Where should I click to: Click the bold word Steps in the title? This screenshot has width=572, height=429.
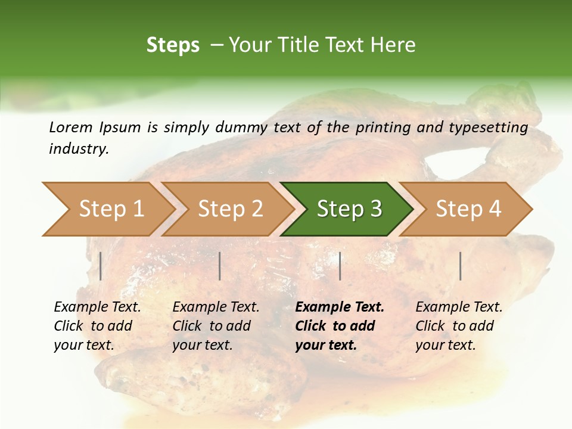pyautogui.click(x=173, y=45)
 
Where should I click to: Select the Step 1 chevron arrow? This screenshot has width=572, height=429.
pyautogui.click(x=107, y=209)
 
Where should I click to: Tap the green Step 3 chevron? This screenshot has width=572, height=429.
pyautogui.click(x=349, y=209)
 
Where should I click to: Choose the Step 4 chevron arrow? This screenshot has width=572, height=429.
pyautogui.click(x=468, y=209)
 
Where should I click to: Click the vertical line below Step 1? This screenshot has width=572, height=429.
pyautogui.click(x=101, y=266)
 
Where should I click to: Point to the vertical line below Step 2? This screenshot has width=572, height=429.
pyautogui.click(x=220, y=266)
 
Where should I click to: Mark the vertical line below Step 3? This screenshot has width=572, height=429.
pyautogui.click(x=340, y=266)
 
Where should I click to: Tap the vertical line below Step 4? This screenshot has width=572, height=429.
pyautogui.click(x=461, y=266)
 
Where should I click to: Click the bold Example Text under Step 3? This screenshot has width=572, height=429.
pyautogui.click(x=340, y=307)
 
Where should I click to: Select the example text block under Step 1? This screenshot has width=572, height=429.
pyautogui.click(x=97, y=326)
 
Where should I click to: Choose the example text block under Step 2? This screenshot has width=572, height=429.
pyautogui.click(x=216, y=326)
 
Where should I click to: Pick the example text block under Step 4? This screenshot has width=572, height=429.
pyautogui.click(x=459, y=326)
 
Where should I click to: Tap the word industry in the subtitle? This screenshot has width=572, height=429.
pyautogui.click(x=78, y=149)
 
